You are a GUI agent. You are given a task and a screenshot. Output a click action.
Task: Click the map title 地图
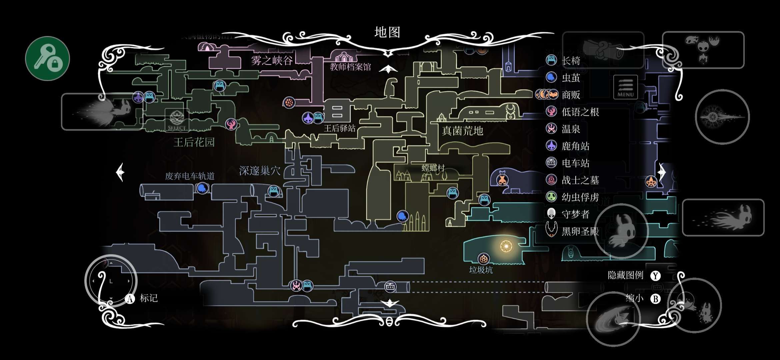pyautogui.click(x=387, y=32)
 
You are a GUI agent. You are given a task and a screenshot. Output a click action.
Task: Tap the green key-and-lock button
pyautogui.click(x=47, y=58)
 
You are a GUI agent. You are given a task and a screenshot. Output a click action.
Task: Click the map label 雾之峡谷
pyautogui.click(x=272, y=60)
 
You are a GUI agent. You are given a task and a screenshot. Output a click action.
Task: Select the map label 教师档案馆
pyautogui.click(x=350, y=67)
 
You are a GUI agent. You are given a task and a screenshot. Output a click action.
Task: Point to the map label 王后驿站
pyautogui.click(x=340, y=128)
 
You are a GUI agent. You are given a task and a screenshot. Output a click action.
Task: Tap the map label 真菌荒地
pyautogui.click(x=462, y=131)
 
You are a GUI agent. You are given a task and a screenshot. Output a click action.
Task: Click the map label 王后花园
pyautogui.click(x=194, y=142)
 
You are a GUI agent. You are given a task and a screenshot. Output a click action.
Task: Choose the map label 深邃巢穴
pyautogui.click(x=260, y=171)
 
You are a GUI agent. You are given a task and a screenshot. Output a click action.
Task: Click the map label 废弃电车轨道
pyautogui.click(x=190, y=176)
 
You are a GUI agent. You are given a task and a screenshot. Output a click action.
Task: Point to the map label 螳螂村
pyautogui.click(x=433, y=168)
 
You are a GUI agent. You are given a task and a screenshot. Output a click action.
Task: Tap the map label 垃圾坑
pyautogui.click(x=481, y=270)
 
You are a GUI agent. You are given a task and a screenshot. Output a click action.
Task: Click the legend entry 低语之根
pyautogui.click(x=580, y=112)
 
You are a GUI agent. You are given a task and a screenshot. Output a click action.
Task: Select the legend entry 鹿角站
pyautogui.click(x=575, y=146)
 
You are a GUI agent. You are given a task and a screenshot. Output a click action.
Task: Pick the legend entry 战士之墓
pyautogui.click(x=580, y=180)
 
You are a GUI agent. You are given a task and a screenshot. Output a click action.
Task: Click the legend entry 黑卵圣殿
pyautogui.click(x=580, y=231)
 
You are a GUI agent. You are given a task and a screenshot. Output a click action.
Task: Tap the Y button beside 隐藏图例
pyautogui.click(x=655, y=276)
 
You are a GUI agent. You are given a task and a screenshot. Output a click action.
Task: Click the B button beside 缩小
pyautogui.click(x=655, y=299)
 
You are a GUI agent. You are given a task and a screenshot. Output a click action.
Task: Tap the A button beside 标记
pyautogui.click(x=130, y=299)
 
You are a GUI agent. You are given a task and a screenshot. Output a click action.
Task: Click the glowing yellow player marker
pyautogui.click(x=506, y=246)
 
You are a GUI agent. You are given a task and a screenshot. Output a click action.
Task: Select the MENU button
pyautogui.click(x=625, y=87)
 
